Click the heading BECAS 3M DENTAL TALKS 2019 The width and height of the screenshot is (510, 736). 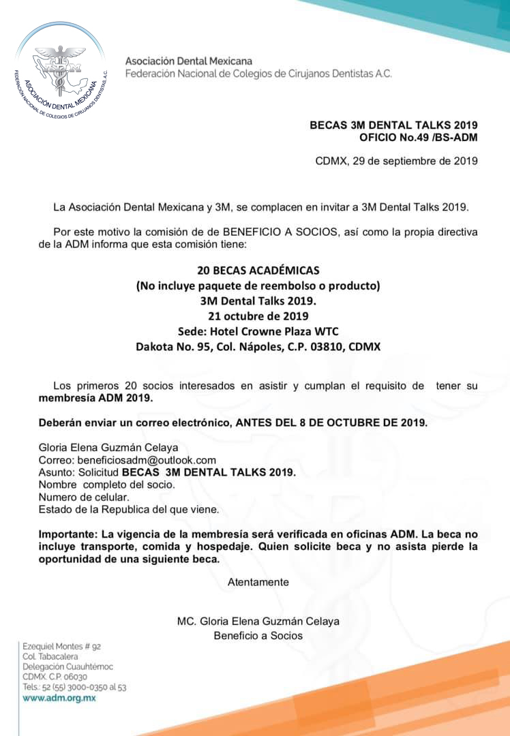[393, 125]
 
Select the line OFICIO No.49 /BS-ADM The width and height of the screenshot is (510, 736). [418, 138]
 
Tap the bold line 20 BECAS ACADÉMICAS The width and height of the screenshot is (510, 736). [258, 271]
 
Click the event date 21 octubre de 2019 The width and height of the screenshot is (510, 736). [258, 316]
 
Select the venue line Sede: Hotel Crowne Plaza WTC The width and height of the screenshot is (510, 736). [258, 331]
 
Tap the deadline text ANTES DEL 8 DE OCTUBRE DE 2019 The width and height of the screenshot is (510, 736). [331, 423]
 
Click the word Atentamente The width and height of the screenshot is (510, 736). [258, 582]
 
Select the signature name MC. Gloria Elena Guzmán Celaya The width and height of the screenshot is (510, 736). [258, 621]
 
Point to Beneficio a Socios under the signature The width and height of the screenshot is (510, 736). [258, 635]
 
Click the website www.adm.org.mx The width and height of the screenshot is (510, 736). [59, 698]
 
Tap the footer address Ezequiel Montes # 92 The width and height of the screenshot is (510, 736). [62, 646]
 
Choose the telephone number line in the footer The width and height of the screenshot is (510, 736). [74, 688]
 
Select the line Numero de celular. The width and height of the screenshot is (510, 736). [84, 497]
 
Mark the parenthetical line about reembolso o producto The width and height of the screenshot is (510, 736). [258, 286]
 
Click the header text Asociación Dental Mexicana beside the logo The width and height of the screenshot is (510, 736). [189, 61]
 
